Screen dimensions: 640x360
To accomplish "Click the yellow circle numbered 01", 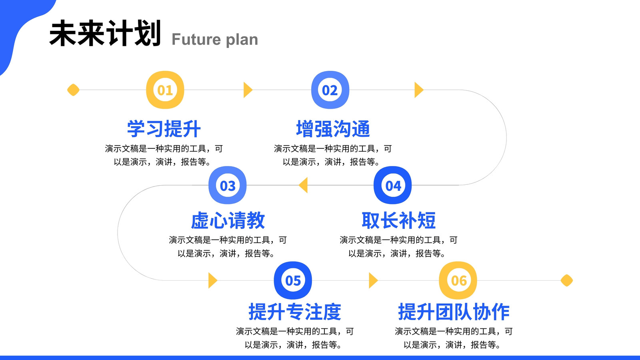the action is [165, 90].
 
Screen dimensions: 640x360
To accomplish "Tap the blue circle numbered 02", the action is [330, 90].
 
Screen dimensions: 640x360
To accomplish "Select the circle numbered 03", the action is [228, 185].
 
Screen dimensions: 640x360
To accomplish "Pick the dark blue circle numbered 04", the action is [392, 185].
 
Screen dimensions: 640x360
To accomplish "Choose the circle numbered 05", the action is [293, 280].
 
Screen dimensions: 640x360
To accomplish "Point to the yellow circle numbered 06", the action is [458, 280].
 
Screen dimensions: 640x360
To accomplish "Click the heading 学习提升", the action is [164, 129].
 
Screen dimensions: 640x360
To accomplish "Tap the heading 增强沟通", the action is [333, 129].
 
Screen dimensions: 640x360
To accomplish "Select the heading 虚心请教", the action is [228, 220].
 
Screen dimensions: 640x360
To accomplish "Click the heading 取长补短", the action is [398, 220].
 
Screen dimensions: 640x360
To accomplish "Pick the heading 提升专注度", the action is [295, 312].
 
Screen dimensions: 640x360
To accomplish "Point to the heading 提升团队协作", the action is [454, 312].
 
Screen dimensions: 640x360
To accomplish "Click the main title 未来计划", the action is [105, 33].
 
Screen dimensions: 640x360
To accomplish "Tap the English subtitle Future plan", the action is [215, 40].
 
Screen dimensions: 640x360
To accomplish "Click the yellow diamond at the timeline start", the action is [73, 90].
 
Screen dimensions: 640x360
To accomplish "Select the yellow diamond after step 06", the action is [567, 280].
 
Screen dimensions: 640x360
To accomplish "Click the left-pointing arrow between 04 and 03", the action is [303, 185].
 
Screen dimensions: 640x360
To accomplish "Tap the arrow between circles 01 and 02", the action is [248, 90].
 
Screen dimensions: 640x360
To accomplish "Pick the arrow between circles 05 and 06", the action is [374, 280].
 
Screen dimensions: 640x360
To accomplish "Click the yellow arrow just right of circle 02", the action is [419, 90].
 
